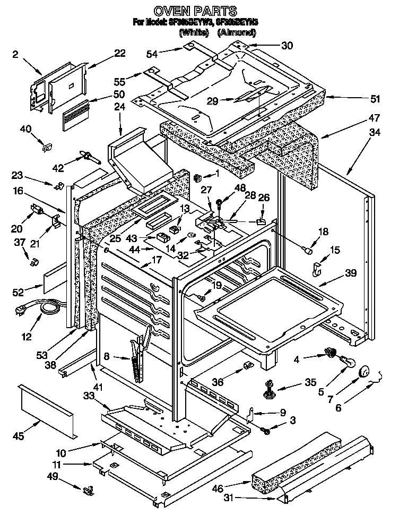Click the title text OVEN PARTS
pos(195,11)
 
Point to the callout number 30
pos(287,46)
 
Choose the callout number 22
pos(120,53)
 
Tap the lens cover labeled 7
pos(365,372)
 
